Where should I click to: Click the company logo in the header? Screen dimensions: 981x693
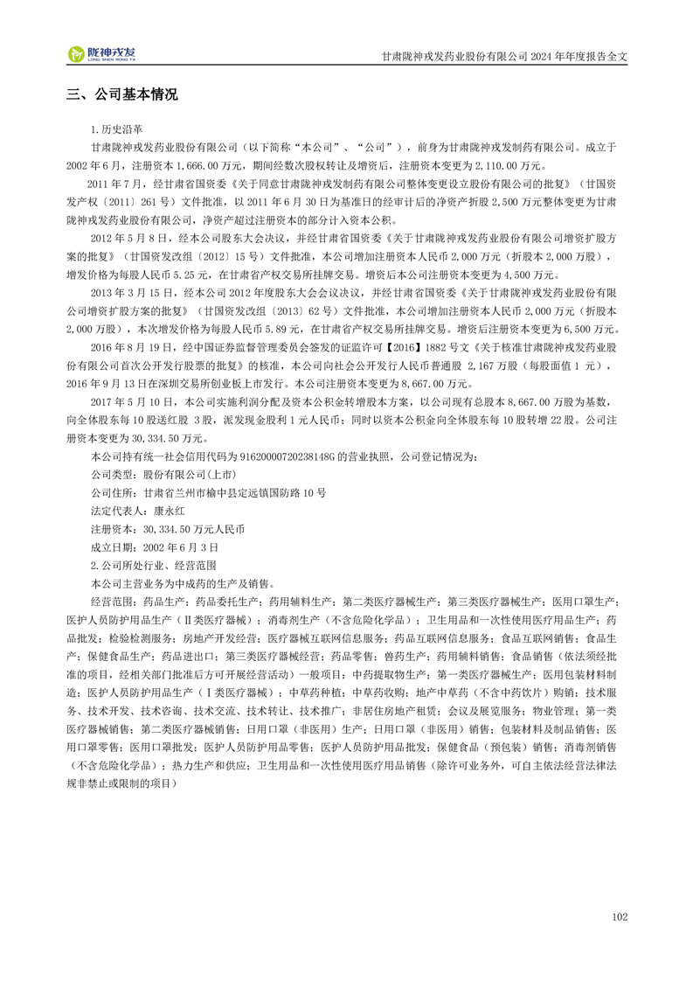click(103, 54)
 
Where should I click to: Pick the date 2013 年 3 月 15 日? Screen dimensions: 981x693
click(134, 293)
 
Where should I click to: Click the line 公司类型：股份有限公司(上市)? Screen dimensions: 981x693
click(163, 475)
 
